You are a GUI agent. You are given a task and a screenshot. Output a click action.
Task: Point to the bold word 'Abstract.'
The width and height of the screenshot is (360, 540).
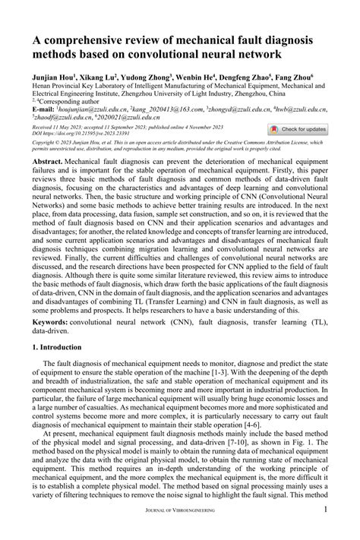click(x=47, y=162)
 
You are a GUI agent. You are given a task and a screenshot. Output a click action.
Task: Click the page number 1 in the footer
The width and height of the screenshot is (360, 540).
click(x=325, y=532)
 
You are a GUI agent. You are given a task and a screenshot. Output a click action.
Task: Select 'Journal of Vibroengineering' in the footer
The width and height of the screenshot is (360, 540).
click(x=179, y=533)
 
